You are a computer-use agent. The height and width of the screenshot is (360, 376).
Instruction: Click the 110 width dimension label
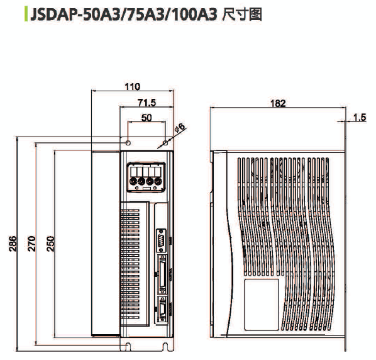133,87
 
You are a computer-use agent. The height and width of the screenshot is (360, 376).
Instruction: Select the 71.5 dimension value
147,103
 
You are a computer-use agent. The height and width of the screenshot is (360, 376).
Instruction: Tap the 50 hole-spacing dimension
147,118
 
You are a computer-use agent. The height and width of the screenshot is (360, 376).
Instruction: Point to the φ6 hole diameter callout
180,127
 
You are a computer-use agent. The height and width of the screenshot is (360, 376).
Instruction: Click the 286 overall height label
13,244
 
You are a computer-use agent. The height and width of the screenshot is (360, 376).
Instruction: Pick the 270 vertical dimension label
31,244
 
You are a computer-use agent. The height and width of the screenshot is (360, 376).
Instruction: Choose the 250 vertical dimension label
50,244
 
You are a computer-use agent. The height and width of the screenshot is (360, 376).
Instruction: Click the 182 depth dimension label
278,103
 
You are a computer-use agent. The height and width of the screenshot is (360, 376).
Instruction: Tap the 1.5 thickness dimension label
360,117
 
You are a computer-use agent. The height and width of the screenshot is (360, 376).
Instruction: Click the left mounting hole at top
128,143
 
